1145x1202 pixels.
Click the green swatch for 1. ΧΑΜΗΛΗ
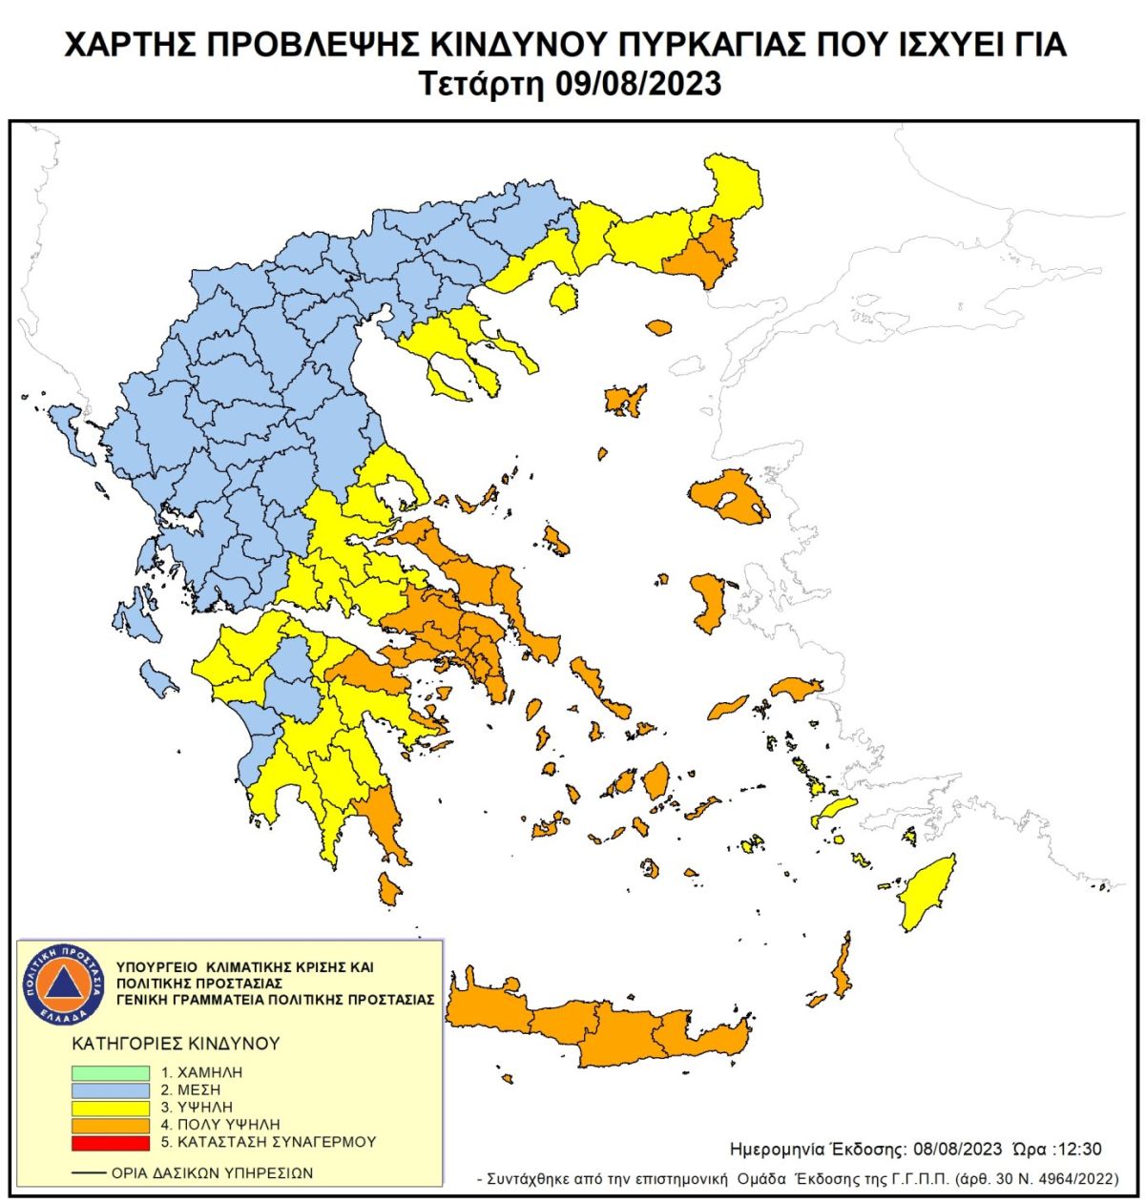point(111,1073)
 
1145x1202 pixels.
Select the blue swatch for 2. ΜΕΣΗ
point(111,1090)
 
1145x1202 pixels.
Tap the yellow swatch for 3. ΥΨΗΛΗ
point(111,1108)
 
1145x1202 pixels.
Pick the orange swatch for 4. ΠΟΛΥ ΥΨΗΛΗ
point(111,1125)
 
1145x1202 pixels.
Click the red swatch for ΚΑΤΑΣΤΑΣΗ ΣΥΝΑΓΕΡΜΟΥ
point(111,1142)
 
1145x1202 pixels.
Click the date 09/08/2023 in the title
point(637,84)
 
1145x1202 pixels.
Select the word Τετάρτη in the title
point(483,84)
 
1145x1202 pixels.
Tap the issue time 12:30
point(1080,1149)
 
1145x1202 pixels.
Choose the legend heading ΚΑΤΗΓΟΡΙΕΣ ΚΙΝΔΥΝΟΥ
point(176,1043)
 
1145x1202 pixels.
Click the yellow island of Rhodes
point(926,893)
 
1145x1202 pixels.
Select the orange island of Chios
point(709,601)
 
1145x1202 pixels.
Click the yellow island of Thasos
point(565,299)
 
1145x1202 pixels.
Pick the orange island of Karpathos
point(841,969)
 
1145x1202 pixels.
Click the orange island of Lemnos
point(624,401)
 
